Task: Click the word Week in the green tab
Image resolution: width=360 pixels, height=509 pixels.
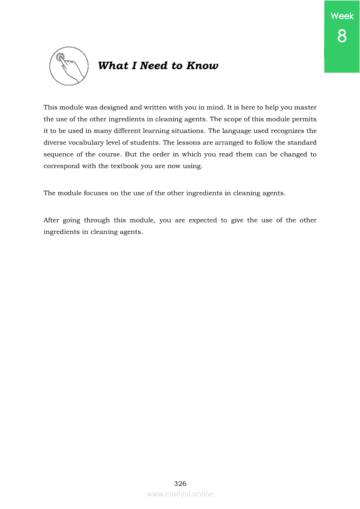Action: (x=342, y=16)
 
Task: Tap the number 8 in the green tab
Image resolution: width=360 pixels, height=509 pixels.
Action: (x=342, y=36)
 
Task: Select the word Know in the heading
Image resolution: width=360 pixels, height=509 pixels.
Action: (x=202, y=66)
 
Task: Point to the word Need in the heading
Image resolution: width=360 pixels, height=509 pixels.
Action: (x=154, y=66)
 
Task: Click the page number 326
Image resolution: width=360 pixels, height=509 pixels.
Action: (x=180, y=483)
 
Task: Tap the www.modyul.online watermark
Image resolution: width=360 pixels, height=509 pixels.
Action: (x=180, y=494)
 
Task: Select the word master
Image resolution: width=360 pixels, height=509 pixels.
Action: (x=305, y=107)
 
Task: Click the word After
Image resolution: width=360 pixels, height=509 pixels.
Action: (x=51, y=220)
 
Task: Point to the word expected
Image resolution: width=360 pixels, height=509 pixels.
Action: (x=202, y=220)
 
